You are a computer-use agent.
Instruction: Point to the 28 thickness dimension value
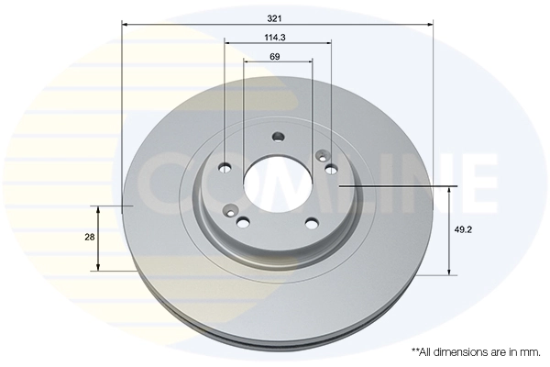pyautogui.click(x=90, y=238)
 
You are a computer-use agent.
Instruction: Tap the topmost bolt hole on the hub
pyautogui.click(x=279, y=139)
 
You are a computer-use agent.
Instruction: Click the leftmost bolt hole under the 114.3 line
pyautogui.click(x=225, y=168)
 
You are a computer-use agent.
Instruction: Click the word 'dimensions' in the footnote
pyautogui.click(x=461, y=351)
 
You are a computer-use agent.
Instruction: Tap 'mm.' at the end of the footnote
pyautogui.click(x=530, y=351)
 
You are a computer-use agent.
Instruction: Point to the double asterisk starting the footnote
pyautogui.click(x=413, y=350)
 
